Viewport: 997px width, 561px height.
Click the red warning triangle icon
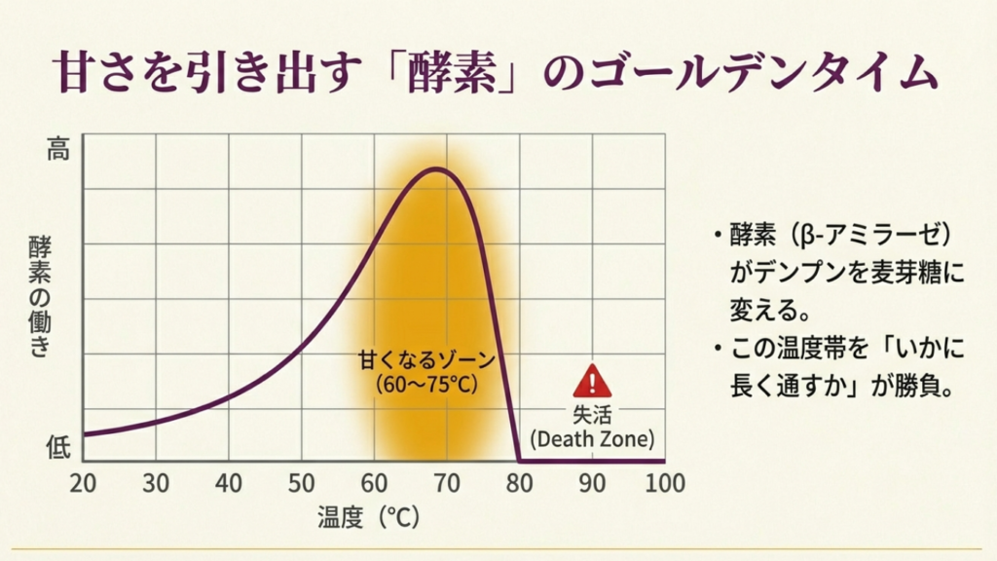591,381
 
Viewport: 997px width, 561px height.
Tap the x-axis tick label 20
83,483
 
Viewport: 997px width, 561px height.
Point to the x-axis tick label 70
446,483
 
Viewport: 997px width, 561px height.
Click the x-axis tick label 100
665,483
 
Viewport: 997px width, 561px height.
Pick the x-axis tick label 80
519,483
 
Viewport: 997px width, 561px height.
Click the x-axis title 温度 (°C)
368,517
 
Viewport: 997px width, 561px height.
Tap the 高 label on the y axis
58,150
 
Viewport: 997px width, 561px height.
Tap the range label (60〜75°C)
427,384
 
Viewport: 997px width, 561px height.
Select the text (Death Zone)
591,438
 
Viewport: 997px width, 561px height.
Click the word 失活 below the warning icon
591,413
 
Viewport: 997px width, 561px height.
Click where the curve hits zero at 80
519,461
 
